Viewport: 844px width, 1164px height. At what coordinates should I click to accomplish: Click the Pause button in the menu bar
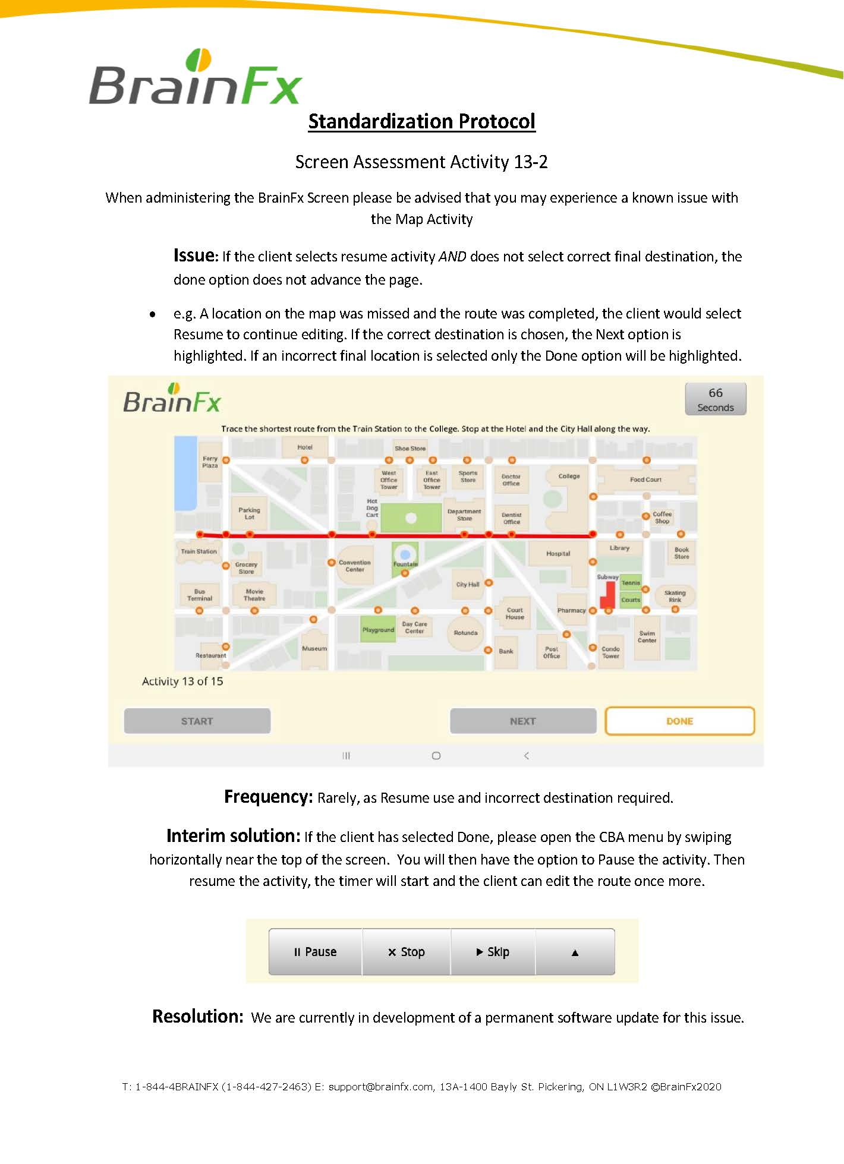tap(315, 952)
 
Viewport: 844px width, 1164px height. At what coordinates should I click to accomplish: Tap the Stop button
tap(407, 952)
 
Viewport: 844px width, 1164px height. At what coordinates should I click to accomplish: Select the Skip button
tap(493, 952)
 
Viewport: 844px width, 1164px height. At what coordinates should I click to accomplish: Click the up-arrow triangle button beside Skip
tap(575, 952)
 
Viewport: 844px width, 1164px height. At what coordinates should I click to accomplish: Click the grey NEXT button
tap(522, 721)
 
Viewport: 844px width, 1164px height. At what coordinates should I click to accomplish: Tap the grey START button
tap(197, 721)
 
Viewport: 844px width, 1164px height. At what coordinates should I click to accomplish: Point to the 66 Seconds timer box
tap(715, 399)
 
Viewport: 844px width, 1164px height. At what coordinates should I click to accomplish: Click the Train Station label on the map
tap(199, 551)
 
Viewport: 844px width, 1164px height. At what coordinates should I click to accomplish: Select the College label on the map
tap(569, 476)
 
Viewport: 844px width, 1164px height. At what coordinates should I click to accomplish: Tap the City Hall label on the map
tap(467, 585)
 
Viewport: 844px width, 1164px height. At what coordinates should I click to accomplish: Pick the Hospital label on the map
tap(558, 554)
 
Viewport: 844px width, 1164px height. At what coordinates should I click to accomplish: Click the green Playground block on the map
tap(378, 630)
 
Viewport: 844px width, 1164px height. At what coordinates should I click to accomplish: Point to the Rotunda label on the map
tap(465, 633)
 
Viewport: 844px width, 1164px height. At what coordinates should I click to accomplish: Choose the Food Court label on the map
tap(645, 480)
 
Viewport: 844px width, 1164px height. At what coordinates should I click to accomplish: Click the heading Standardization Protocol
tap(421, 121)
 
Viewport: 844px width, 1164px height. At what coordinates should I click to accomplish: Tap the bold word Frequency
tap(268, 797)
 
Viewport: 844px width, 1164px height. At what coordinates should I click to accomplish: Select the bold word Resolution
tap(197, 1017)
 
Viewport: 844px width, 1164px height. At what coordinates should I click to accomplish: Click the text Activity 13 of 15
tap(182, 682)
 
